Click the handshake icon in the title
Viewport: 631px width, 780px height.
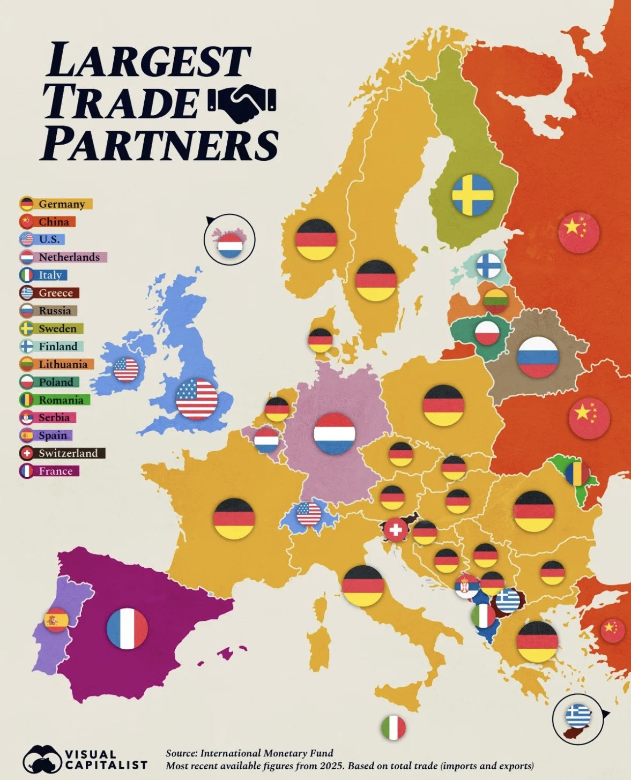click(241, 103)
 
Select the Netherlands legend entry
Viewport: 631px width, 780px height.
click(63, 257)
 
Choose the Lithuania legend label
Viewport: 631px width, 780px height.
click(63, 364)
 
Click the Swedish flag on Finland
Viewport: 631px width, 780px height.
click(472, 195)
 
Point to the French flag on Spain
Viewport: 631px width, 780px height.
click(127, 628)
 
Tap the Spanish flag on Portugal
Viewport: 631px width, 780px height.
click(56, 620)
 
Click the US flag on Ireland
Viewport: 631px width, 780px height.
click(127, 369)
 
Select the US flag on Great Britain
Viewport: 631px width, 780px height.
click(197, 399)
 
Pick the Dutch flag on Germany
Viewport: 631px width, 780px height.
click(335, 433)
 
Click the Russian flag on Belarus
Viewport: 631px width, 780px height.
click(538, 357)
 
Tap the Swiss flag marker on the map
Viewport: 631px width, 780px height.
click(396, 530)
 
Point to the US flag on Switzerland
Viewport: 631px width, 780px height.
click(309, 514)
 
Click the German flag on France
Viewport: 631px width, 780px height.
click(234, 519)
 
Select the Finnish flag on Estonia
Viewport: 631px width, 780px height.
click(489, 265)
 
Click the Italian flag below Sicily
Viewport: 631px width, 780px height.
click(394, 728)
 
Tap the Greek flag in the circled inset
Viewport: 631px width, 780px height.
click(578, 716)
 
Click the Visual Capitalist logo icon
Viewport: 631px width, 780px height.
click(42, 759)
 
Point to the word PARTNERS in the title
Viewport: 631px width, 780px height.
click(160, 144)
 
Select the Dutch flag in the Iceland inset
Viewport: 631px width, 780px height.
click(230, 245)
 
